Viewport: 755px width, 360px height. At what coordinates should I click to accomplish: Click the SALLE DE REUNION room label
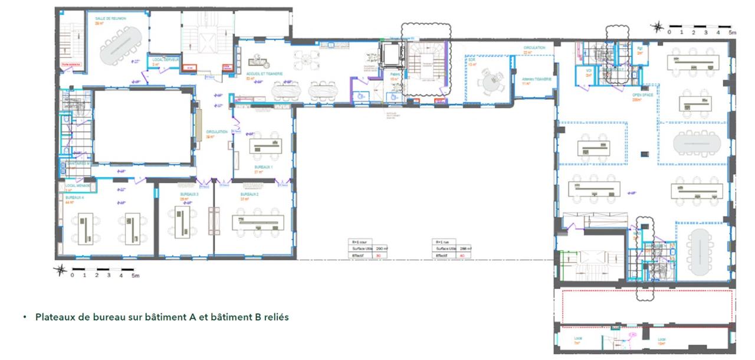pyautogui.click(x=107, y=18)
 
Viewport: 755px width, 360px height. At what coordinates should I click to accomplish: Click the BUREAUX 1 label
pyautogui.click(x=264, y=167)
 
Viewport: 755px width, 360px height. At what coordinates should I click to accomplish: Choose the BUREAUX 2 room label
pyautogui.click(x=250, y=194)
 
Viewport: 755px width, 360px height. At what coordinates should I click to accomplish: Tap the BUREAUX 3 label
pyautogui.click(x=189, y=194)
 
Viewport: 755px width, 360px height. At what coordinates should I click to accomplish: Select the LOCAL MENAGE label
pyautogui.click(x=74, y=185)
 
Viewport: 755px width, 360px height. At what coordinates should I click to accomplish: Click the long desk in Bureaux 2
pyautogui.click(x=258, y=222)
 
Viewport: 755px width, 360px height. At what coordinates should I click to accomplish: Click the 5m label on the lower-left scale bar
pyautogui.click(x=135, y=276)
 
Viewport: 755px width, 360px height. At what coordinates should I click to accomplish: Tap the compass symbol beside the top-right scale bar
pyautogui.click(x=656, y=26)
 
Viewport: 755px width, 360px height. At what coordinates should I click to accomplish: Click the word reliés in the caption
pyautogui.click(x=276, y=318)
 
